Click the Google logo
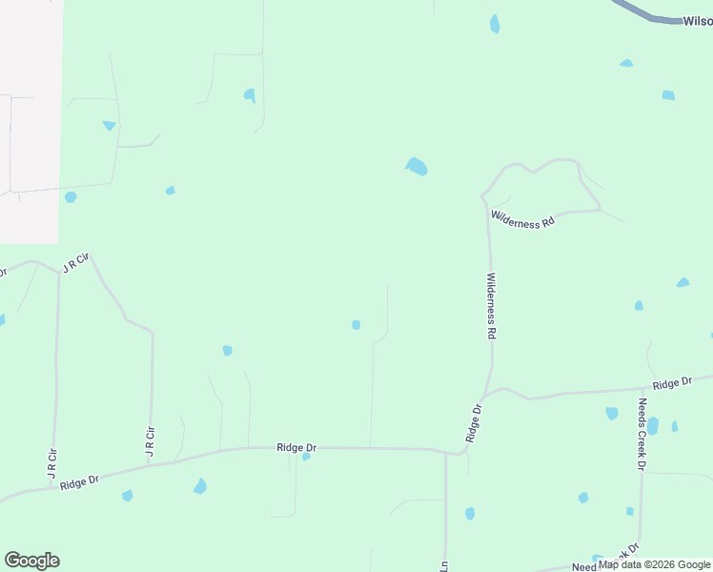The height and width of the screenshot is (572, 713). (31, 561)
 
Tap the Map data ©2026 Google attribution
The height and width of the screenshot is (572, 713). (654, 564)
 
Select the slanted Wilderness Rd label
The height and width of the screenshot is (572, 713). (522, 219)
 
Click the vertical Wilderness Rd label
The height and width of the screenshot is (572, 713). (491, 307)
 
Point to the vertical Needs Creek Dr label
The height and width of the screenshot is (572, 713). (642, 434)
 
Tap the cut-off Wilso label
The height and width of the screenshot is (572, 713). (697, 20)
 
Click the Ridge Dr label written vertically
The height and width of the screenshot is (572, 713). (475, 422)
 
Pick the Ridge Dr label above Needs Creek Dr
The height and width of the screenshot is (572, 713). (673, 383)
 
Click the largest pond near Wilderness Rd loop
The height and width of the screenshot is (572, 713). (417, 167)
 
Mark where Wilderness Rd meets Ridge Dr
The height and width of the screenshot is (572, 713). (484, 395)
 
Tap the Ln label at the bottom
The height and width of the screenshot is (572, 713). (444, 565)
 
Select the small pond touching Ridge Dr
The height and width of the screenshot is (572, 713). (306, 457)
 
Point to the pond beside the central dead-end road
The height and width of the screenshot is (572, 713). (356, 325)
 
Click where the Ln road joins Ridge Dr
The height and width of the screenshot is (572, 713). (445, 451)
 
